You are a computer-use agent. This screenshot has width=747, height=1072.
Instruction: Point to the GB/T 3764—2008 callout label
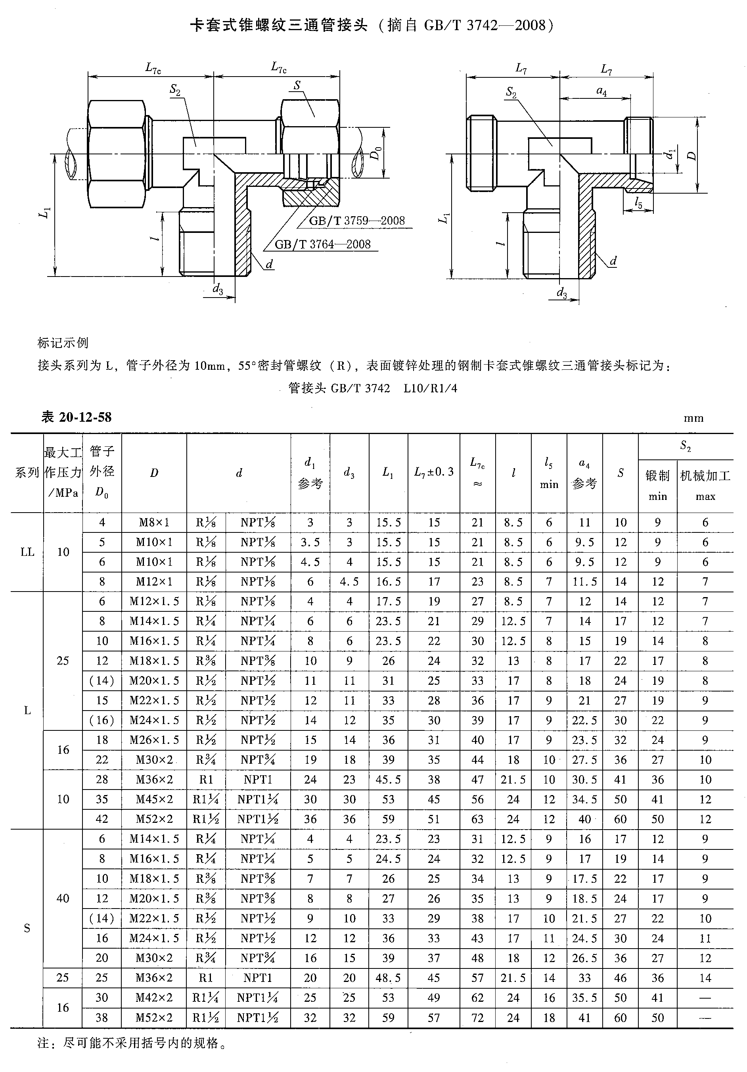tap(322, 244)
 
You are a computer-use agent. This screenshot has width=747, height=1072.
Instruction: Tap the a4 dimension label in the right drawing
tap(602, 91)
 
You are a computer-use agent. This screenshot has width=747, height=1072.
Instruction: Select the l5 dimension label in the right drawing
tap(638, 203)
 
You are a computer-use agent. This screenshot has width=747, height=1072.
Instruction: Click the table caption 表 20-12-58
tap(77, 417)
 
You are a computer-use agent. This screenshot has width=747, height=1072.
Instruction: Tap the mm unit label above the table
tap(693, 418)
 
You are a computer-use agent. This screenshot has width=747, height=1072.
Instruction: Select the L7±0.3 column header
tap(434, 472)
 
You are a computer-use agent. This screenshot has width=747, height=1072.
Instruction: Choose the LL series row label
tap(27, 552)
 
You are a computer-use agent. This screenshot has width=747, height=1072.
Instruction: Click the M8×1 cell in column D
tap(154, 523)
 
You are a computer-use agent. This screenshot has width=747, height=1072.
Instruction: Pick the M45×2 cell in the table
tap(154, 799)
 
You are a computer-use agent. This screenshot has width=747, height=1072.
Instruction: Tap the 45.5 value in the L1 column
tap(388, 780)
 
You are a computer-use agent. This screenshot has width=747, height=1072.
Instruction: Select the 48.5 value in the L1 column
tap(388, 978)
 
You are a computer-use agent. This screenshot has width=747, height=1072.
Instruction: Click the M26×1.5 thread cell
tap(154, 740)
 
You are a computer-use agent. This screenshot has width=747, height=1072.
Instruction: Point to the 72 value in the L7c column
tap(477, 1017)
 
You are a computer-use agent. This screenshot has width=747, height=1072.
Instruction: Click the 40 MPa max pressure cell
tap(63, 898)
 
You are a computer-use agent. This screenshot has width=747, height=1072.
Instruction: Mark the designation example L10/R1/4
tap(430, 388)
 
